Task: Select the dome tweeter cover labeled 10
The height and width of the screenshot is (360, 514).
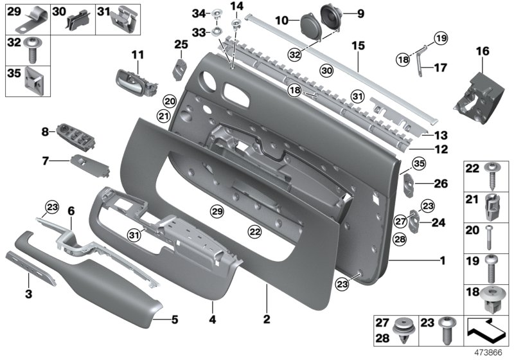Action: click(311, 26)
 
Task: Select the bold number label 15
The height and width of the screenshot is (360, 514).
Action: click(357, 46)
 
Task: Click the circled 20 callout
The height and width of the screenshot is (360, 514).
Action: click(169, 101)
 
